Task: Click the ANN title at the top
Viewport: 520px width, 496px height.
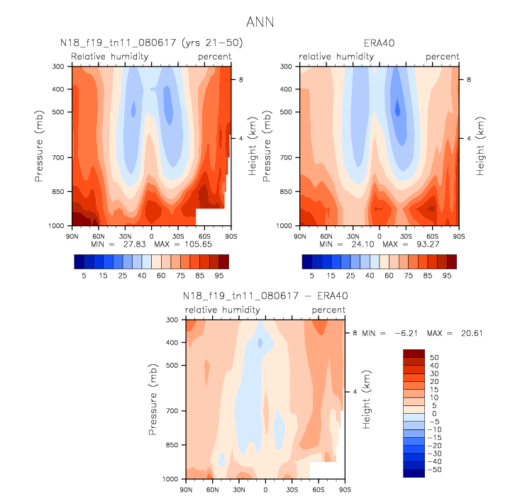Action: click(260, 23)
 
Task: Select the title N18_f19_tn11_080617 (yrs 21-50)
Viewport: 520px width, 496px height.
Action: click(150, 43)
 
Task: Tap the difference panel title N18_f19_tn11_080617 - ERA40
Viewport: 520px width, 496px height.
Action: click(265, 295)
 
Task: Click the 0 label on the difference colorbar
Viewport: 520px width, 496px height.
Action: click(432, 413)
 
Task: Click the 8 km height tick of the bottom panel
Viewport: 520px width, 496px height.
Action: click(354, 332)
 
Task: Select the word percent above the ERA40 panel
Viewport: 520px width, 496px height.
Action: click(442, 57)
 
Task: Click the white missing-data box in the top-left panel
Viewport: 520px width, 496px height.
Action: click(210, 217)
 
